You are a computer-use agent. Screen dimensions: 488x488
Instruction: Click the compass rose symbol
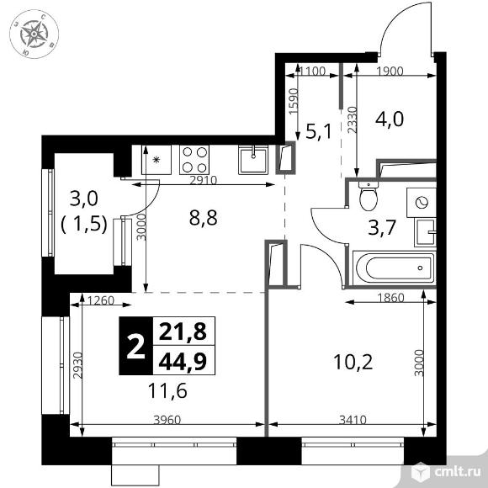pos(34,34)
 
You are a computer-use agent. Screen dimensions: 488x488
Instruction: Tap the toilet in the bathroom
pos(368,199)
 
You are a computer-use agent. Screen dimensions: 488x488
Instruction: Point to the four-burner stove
pos(196,158)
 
